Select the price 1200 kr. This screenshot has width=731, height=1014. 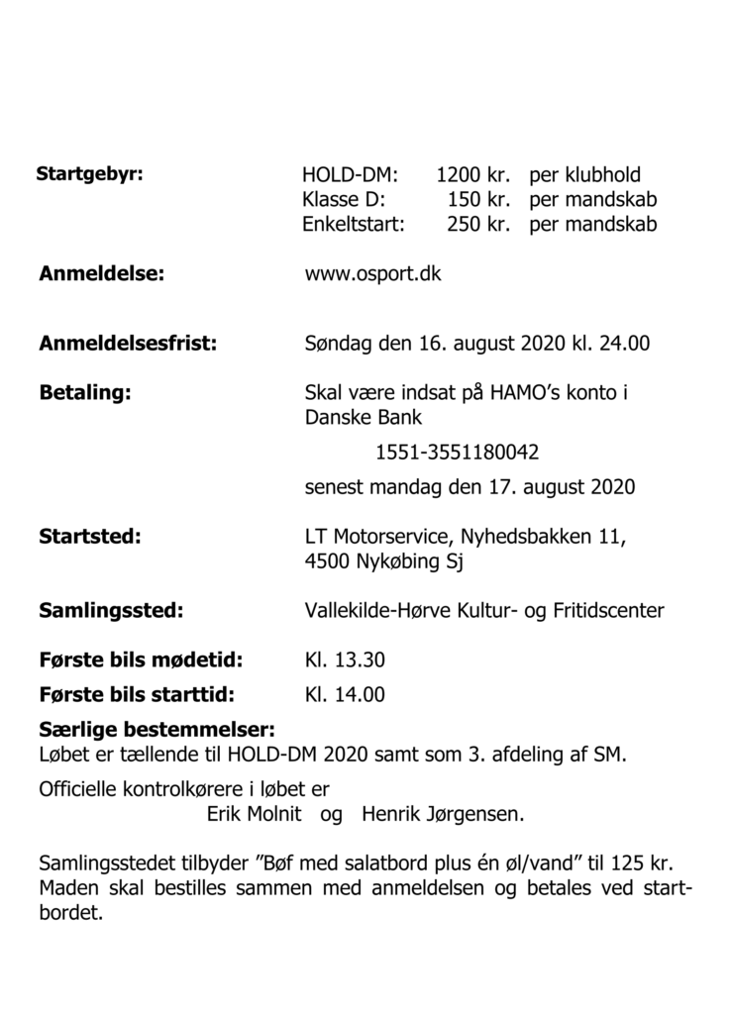click(x=472, y=176)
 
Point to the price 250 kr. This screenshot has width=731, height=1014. click(x=477, y=224)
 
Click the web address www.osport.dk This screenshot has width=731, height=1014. click(x=372, y=274)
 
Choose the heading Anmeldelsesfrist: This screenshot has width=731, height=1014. click(x=128, y=345)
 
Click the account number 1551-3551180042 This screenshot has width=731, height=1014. click(x=457, y=454)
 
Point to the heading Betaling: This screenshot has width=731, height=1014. click(x=85, y=393)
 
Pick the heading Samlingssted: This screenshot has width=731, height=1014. click(x=111, y=611)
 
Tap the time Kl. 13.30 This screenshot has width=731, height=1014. click(x=345, y=660)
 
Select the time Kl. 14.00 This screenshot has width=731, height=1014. click(x=345, y=695)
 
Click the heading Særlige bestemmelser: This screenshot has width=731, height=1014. click(x=157, y=732)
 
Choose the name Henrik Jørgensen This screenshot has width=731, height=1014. click(x=443, y=815)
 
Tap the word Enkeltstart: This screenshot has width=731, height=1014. click(x=354, y=224)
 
